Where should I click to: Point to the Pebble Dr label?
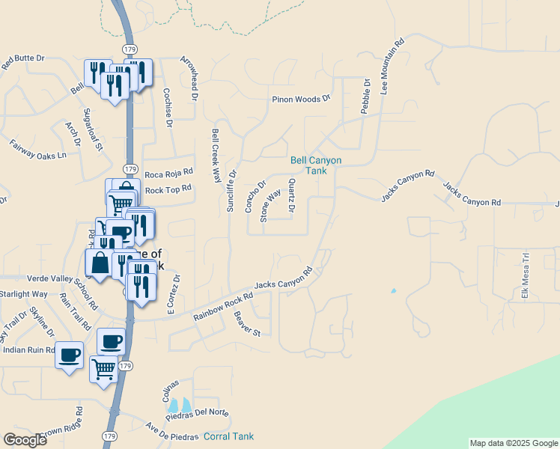point(366,97)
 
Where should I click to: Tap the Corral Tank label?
point(229,436)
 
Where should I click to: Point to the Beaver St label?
point(247,323)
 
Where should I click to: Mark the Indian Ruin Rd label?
point(28,349)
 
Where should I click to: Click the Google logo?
point(25,439)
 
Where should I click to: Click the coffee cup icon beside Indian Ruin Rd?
point(69,354)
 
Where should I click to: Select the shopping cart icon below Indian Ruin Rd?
point(103,369)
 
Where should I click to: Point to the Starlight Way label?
point(23,294)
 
